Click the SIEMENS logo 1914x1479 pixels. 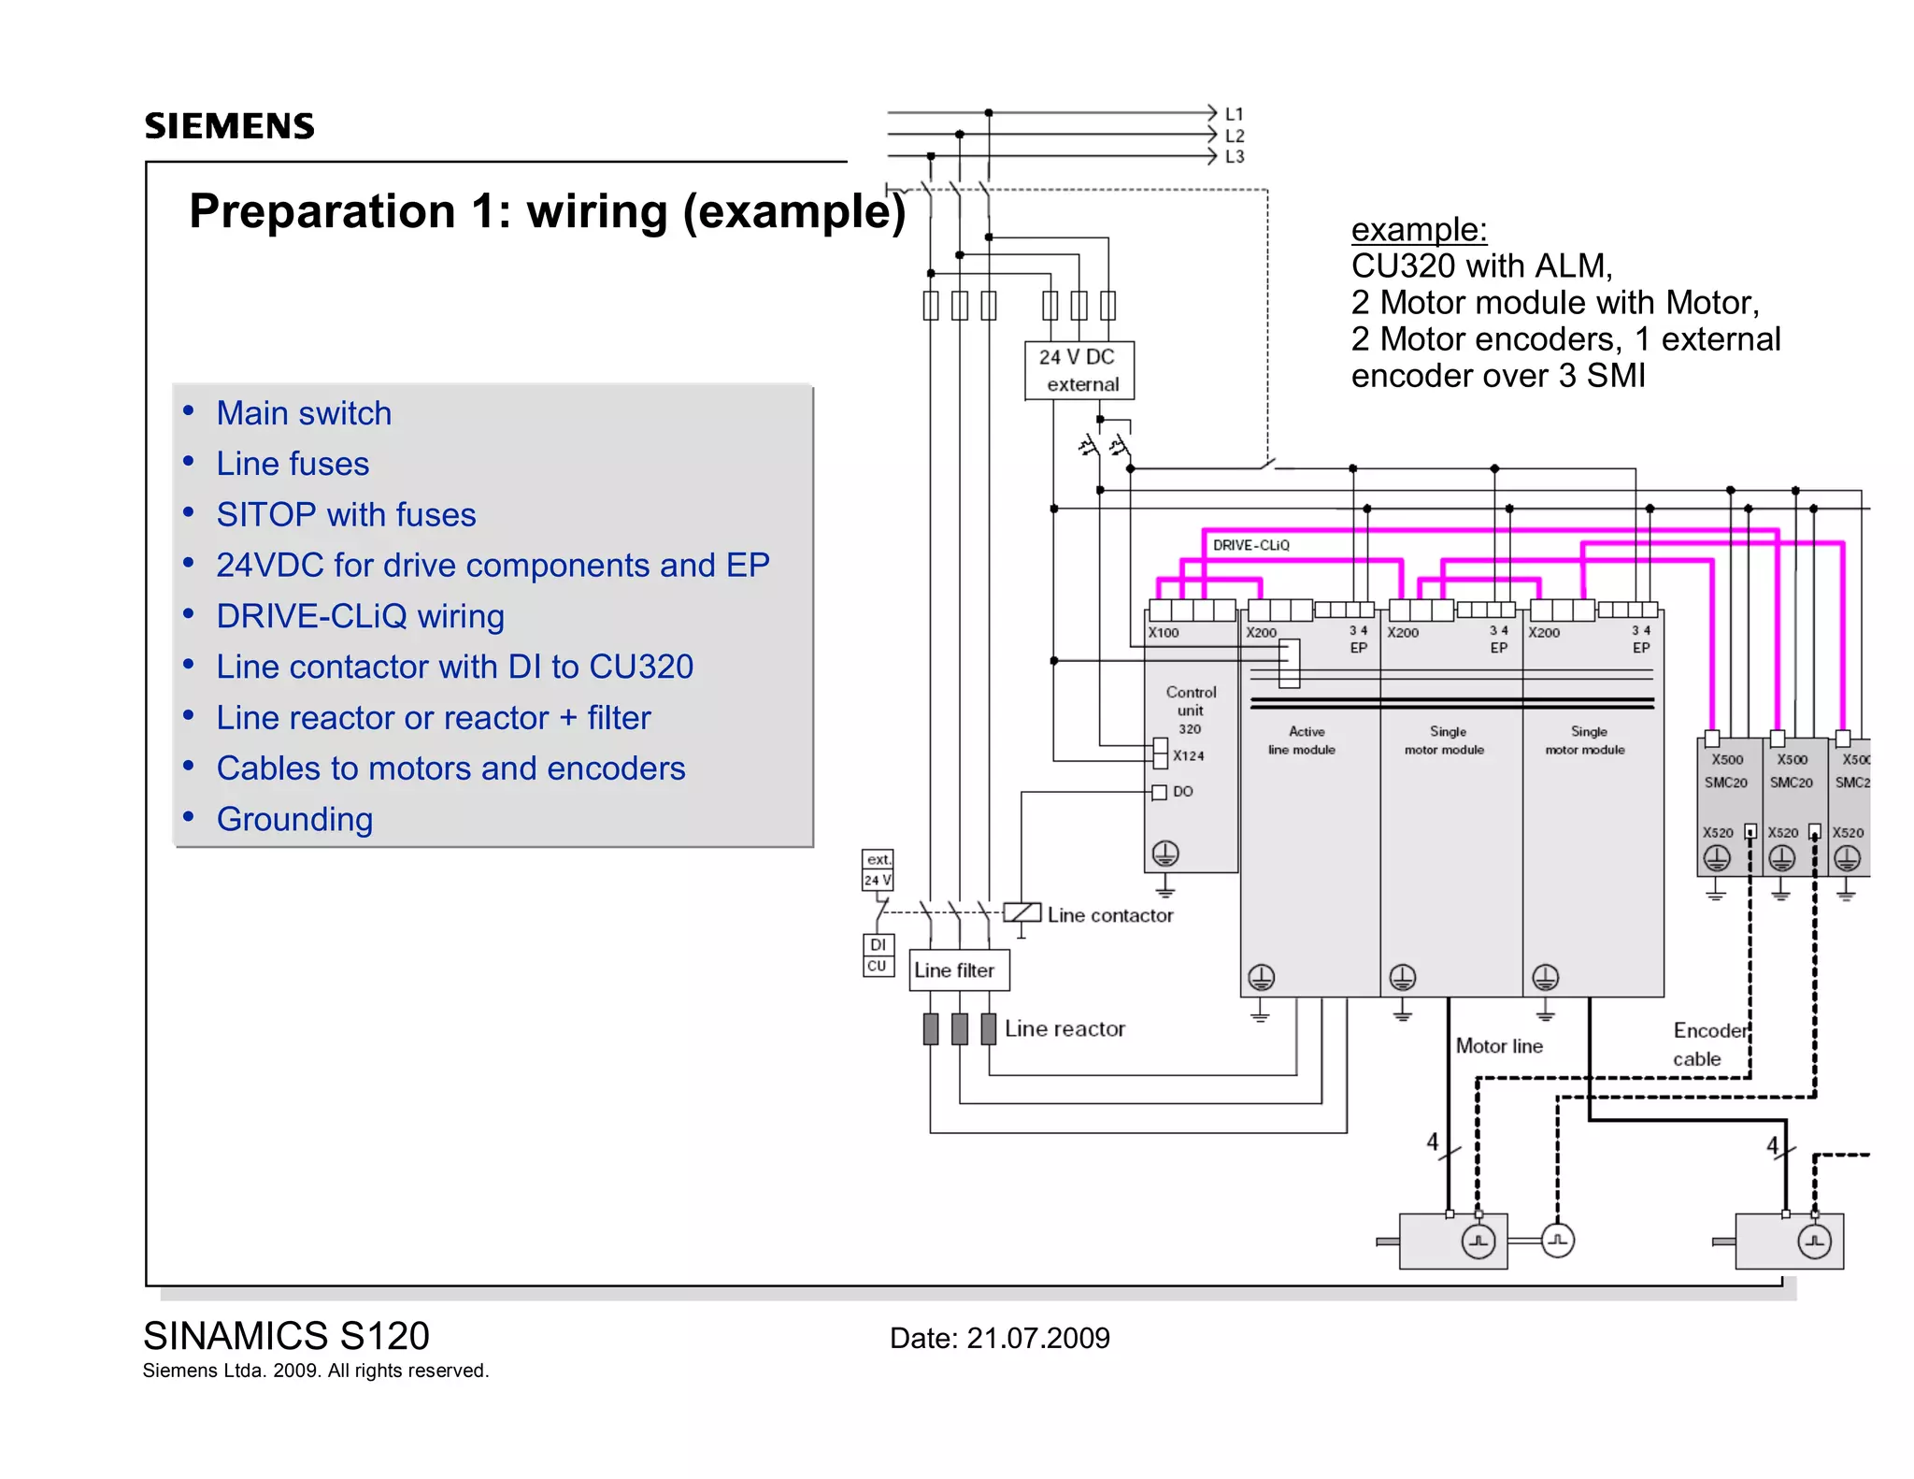[229, 125]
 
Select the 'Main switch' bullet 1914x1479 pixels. [304, 413]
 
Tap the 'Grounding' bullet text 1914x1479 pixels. [294, 819]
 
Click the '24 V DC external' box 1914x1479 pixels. [1079, 370]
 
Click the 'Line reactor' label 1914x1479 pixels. [1064, 1028]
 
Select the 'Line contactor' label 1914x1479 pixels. [1109, 915]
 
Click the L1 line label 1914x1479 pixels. [1235, 114]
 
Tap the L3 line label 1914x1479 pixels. [1235, 156]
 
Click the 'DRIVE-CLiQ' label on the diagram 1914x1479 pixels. [1250, 545]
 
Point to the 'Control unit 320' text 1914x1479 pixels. [1191, 711]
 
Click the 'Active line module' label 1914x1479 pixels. [1303, 740]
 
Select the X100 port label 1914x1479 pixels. [1164, 633]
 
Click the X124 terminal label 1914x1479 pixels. [1189, 755]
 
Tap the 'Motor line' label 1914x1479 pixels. [1499, 1046]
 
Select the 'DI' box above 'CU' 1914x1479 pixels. [878, 945]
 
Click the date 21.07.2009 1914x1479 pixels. [1037, 1338]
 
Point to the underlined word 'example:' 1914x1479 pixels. [1419, 230]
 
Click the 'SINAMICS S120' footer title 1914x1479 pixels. [286, 1336]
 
